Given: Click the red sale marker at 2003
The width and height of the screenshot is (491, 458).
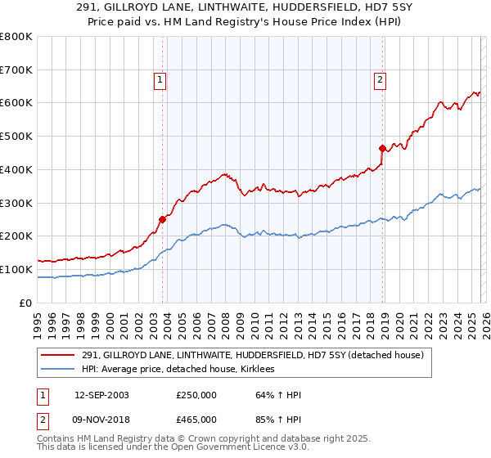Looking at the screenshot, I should [x=162, y=218].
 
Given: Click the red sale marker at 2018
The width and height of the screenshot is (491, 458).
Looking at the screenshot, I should [x=382, y=148].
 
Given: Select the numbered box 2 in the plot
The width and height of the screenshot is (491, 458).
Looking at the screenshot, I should [x=381, y=79].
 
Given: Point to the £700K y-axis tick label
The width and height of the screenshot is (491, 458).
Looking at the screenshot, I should [x=16, y=70].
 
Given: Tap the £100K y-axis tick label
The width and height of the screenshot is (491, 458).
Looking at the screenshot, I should [x=16, y=269].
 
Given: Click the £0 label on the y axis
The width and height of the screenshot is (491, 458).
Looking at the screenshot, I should [x=25, y=303].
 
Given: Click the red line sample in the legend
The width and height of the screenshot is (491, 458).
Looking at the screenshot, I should [x=59, y=355].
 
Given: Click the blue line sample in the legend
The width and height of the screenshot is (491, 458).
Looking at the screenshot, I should [x=59, y=370].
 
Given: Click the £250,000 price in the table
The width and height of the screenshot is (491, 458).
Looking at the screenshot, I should [x=196, y=395].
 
